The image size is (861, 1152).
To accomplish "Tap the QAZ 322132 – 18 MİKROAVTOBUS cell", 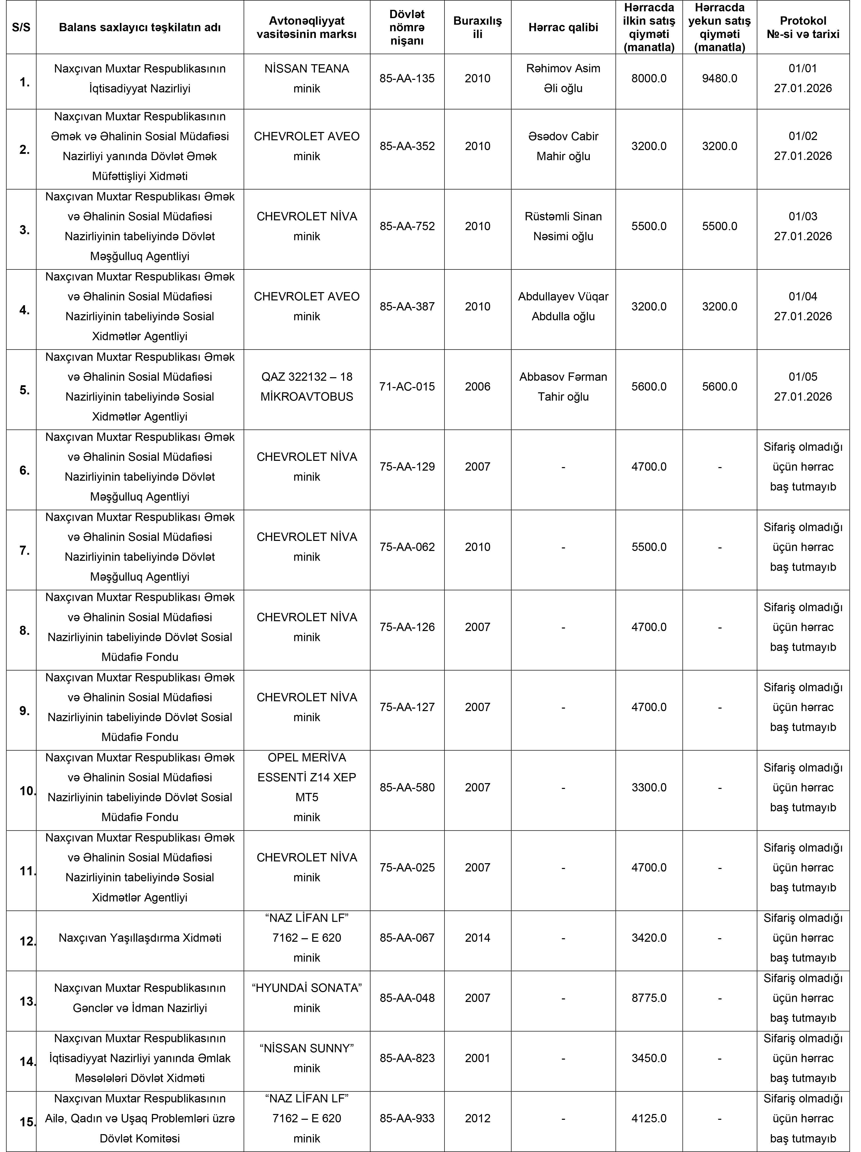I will point(307,387).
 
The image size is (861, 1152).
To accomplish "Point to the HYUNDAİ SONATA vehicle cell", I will point(307,998).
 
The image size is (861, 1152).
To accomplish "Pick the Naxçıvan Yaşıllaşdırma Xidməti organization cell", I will point(139,937).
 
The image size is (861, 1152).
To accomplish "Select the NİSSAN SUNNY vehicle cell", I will point(307,1058).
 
